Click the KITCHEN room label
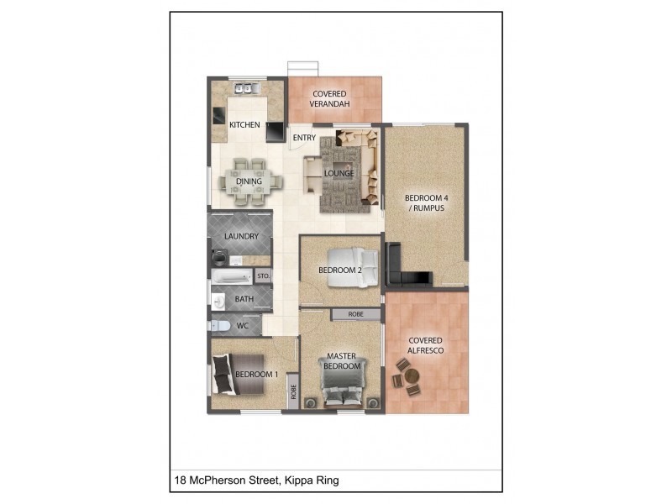(244, 124)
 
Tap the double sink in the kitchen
(246, 89)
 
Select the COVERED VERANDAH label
(329, 98)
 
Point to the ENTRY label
(304, 138)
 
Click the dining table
(249, 182)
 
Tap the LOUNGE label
(339, 173)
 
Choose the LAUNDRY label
(242, 236)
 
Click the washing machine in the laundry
(219, 258)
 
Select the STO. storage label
(264, 276)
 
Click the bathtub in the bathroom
(232, 276)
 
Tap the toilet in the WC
(220, 326)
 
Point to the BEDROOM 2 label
(340, 270)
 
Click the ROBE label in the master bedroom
(355, 314)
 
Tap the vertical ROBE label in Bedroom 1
(293, 391)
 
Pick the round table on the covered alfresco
(412, 376)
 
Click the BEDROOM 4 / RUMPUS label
(427, 203)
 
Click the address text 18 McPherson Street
(226, 480)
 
